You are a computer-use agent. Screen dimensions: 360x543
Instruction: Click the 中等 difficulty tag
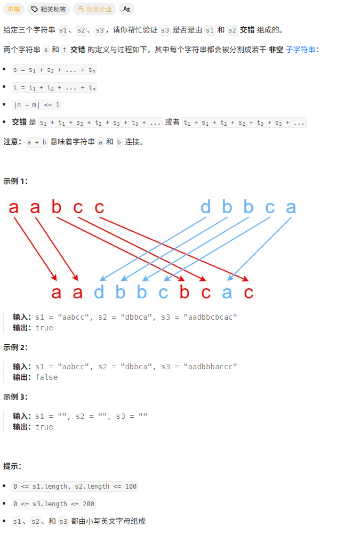point(13,9)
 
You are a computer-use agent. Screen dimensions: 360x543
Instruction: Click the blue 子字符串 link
point(300,50)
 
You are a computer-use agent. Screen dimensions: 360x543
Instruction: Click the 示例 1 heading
point(15,181)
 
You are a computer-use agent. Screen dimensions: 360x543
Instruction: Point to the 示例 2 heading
point(15,347)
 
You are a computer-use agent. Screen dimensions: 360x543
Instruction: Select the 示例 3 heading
point(15,396)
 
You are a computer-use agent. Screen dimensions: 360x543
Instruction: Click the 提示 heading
point(12,466)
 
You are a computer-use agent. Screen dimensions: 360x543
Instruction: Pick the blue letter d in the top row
point(206,207)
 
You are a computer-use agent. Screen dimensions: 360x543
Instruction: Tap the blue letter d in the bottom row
point(99,292)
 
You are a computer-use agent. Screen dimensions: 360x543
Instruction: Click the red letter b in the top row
point(57,207)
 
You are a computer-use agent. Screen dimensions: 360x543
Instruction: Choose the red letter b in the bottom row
point(185,292)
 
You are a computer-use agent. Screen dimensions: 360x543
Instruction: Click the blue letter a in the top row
point(291,207)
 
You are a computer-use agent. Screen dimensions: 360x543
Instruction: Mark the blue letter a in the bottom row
point(227,292)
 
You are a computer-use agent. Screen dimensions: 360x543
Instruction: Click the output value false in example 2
point(46,377)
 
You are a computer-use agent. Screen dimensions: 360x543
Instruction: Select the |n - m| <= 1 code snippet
point(36,104)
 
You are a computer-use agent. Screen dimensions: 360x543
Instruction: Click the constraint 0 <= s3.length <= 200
point(53,504)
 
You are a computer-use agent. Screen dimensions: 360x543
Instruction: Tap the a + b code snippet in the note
point(37,142)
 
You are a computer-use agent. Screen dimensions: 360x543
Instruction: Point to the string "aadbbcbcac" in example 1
point(210,317)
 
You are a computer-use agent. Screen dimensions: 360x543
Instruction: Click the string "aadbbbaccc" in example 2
point(210,367)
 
